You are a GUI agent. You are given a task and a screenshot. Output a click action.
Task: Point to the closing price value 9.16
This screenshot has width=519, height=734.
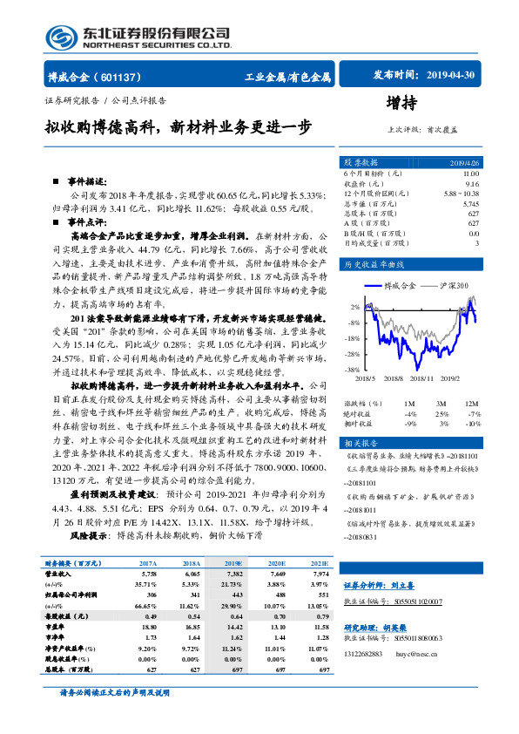(x=472, y=184)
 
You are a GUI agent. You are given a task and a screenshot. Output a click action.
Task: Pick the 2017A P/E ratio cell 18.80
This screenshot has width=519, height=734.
(x=147, y=626)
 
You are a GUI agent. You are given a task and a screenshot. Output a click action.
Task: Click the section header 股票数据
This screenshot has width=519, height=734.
(x=360, y=163)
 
